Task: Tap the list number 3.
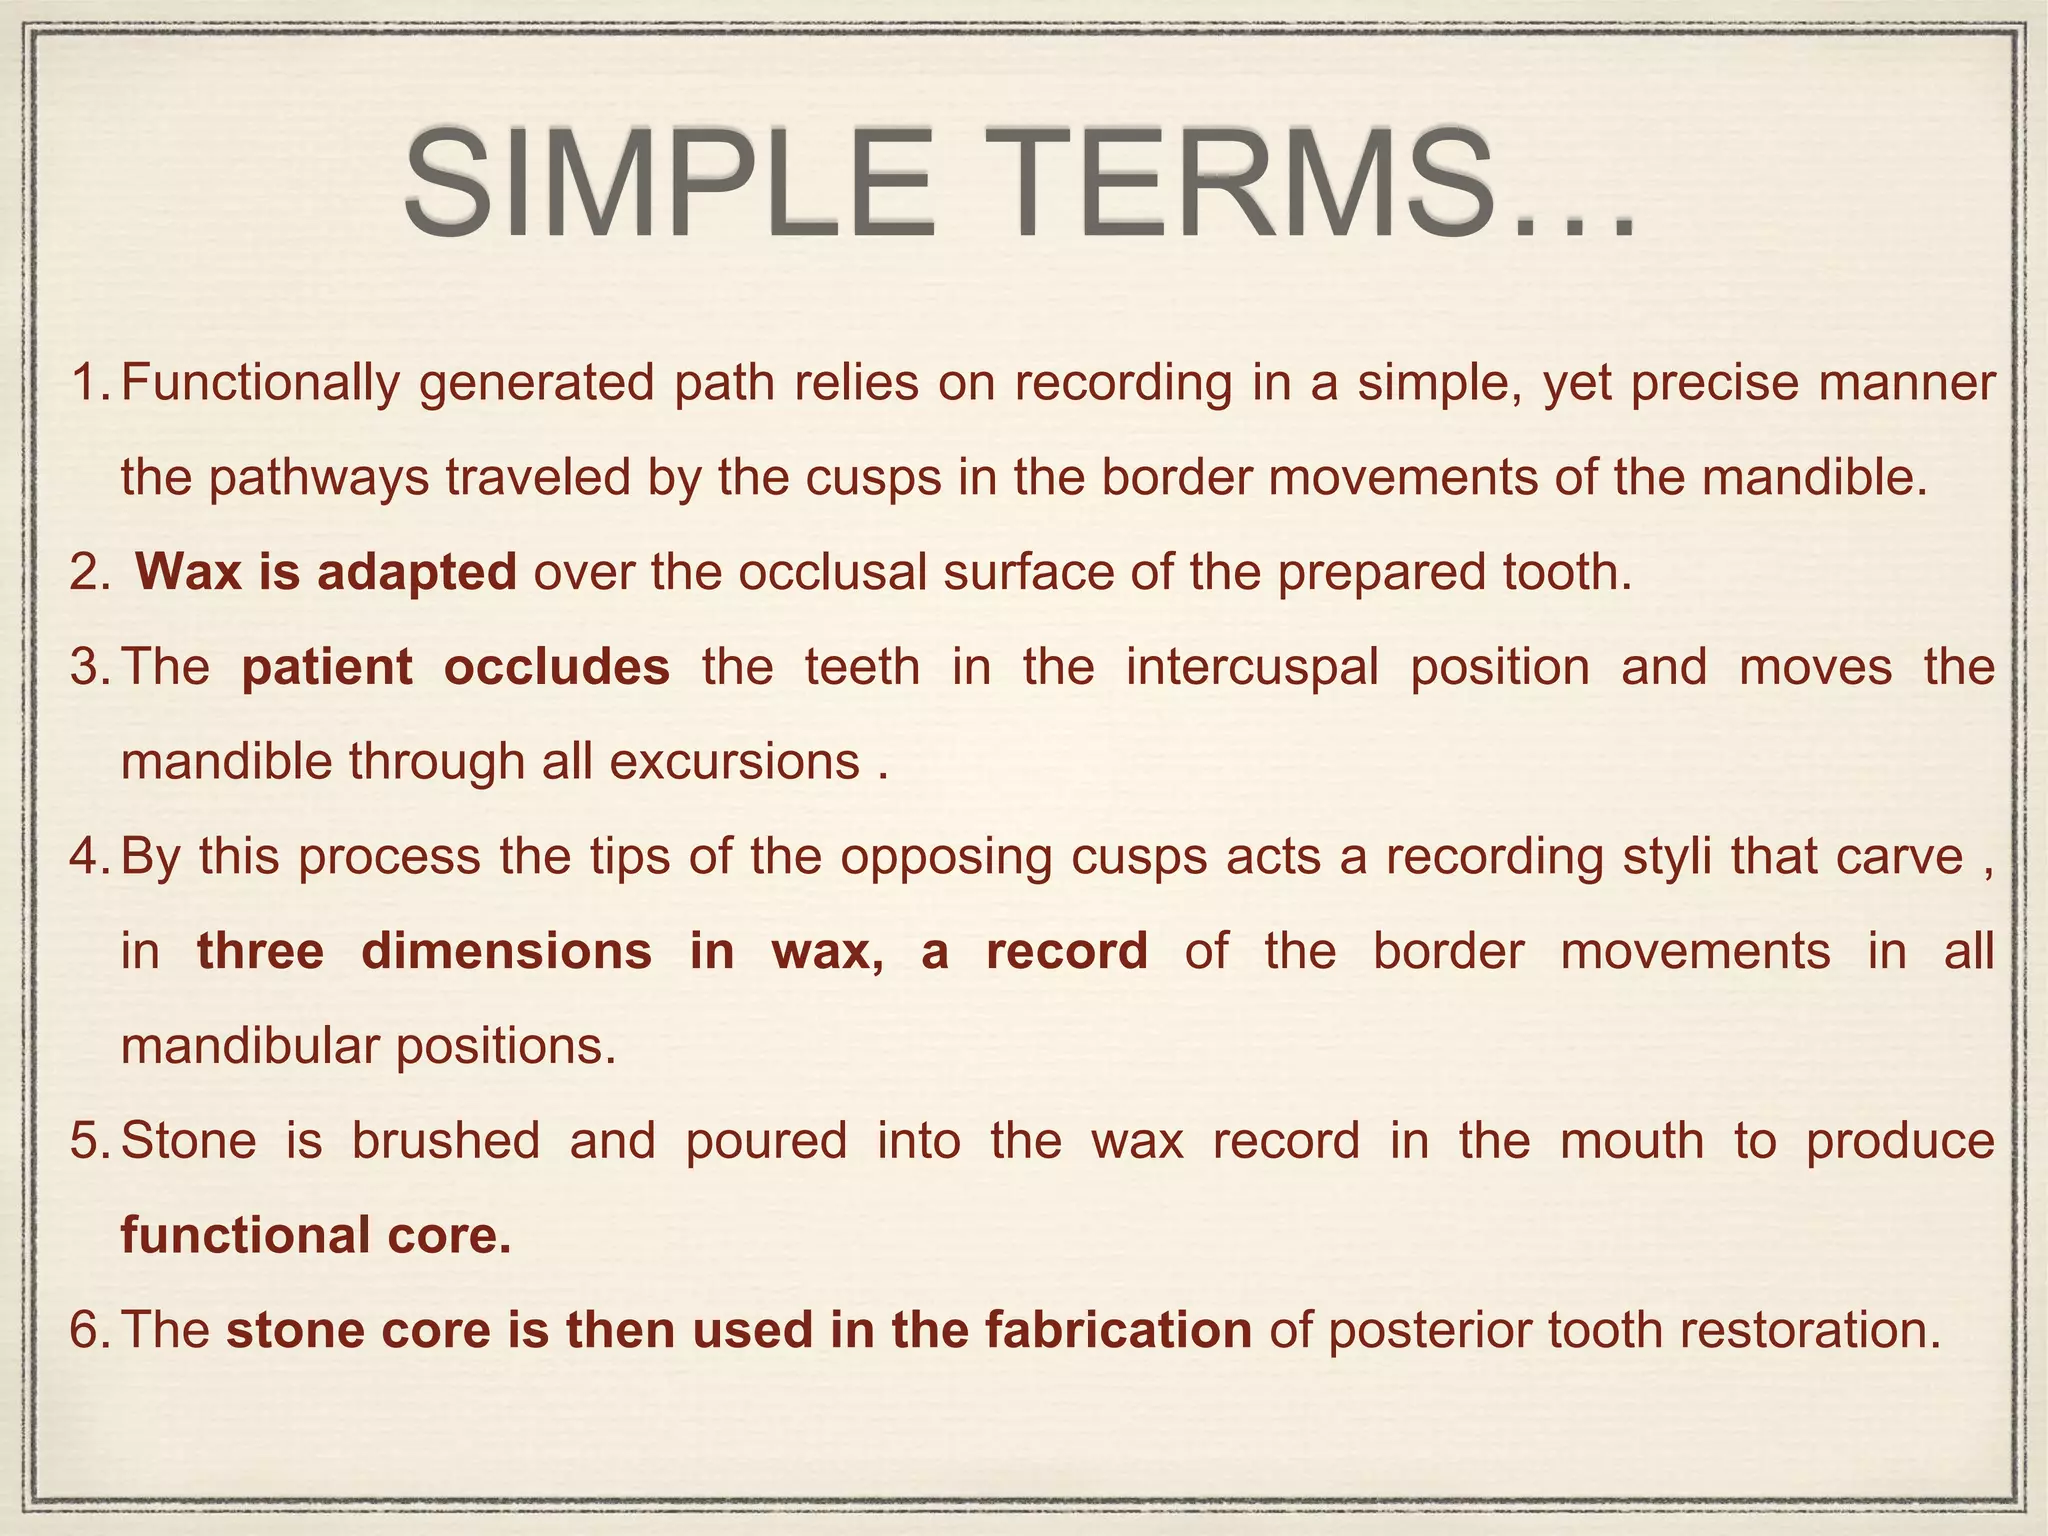click(x=89, y=667)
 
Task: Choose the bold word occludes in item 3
click(x=557, y=667)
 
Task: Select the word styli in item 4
click(x=1656, y=857)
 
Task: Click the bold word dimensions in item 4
click(x=506, y=951)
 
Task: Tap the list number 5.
click(x=89, y=1141)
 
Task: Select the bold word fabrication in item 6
click(x=1117, y=1331)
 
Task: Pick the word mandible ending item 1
click(x=1809, y=478)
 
